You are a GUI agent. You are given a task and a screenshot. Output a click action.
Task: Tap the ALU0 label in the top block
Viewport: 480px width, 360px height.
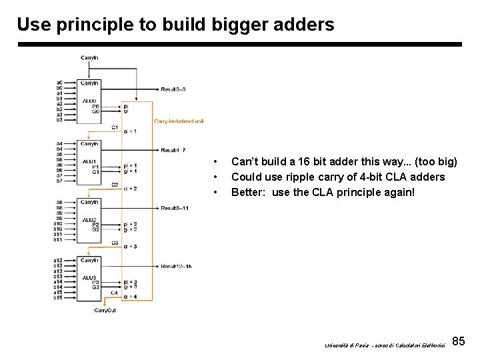pos(90,101)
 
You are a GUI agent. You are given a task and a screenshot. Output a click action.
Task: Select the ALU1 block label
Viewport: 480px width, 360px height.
pos(90,161)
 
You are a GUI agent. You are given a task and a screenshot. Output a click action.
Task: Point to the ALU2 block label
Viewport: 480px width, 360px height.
pos(90,220)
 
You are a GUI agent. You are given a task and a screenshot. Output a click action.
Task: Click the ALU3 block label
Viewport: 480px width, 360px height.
pos(90,277)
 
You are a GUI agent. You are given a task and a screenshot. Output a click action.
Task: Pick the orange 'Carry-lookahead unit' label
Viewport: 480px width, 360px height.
pos(179,121)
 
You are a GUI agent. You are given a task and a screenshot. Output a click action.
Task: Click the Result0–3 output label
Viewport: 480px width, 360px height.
pos(173,89)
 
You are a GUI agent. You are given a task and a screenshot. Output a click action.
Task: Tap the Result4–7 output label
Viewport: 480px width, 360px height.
pos(173,150)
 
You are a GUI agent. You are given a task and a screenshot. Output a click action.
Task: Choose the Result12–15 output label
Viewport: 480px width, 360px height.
pos(176,267)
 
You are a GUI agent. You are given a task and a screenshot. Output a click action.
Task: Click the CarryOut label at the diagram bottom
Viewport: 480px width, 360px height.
pos(105,311)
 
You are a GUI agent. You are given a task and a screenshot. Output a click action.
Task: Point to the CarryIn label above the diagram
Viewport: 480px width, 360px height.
pos(90,58)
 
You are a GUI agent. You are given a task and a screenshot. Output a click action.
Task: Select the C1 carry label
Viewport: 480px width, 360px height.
pos(115,127)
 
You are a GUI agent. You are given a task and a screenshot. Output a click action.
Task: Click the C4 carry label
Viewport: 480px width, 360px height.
pos(114,293)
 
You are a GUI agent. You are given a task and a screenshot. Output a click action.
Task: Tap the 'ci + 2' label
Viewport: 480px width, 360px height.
pos(131,189)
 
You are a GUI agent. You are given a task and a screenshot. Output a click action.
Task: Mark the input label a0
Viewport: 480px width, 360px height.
pos(59,83)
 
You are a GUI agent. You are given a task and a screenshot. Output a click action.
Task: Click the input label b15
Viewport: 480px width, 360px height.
pos(58,297)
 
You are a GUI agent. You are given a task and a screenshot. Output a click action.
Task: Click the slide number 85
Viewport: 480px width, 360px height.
pos(458,341)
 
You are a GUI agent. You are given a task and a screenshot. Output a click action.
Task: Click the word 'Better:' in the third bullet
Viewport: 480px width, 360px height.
pos(248,192)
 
